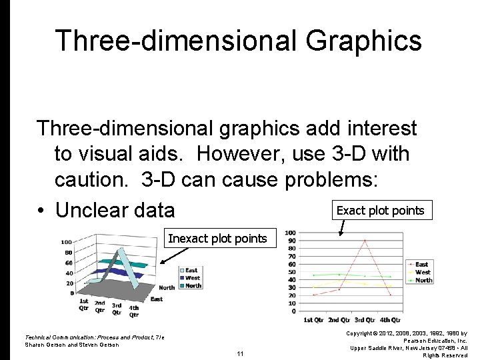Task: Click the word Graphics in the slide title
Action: point(364,40)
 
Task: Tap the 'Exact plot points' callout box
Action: point(380,211)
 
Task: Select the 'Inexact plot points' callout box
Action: point(217,239)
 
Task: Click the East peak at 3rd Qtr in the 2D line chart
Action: point(364,241)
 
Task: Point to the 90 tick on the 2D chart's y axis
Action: point(291,241)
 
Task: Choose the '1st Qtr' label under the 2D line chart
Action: point(314,321)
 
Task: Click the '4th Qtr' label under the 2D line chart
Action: point(390,321)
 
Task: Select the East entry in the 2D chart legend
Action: point(421,265)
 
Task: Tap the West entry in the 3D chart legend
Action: point(192,278)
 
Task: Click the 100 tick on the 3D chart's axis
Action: point(67,242)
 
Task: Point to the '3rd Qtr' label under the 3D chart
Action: point(116,309)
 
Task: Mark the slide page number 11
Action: point(240,354)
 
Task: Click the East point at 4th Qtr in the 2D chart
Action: point(390,295)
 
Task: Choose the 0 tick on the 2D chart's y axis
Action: point(293,311)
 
